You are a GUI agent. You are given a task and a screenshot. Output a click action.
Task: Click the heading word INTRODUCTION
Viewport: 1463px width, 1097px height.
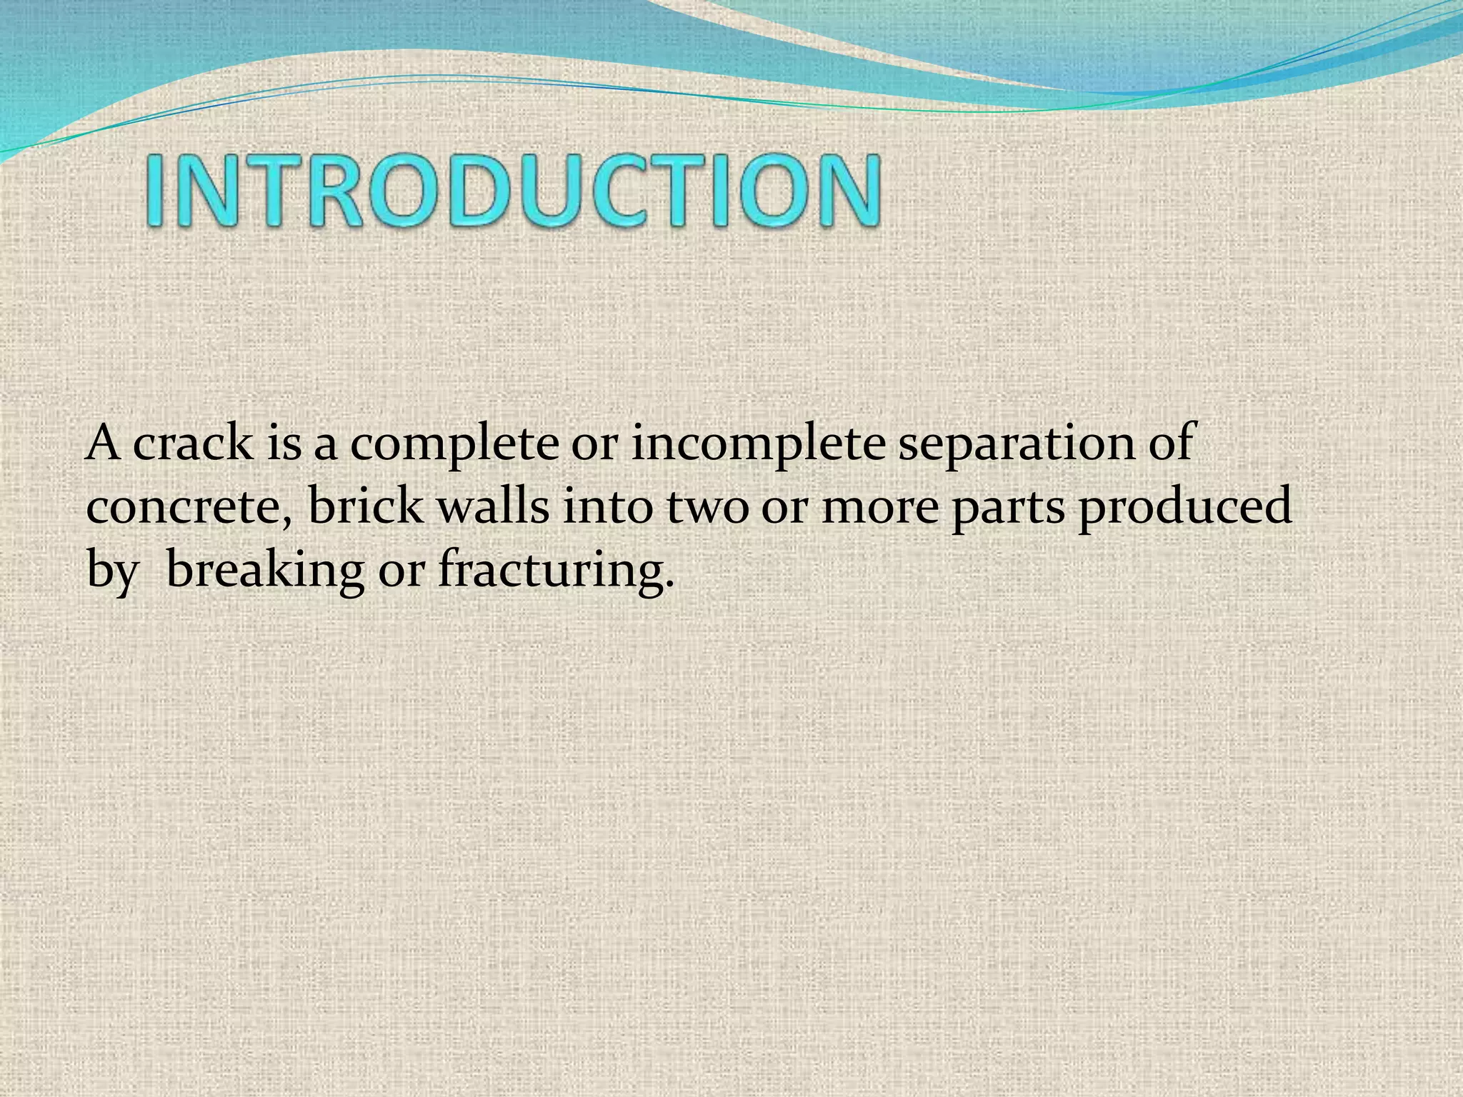tap(513, 191)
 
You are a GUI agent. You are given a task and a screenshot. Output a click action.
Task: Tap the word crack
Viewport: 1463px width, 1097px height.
tap(193, 444)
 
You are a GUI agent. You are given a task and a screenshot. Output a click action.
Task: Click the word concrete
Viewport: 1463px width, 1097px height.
tap(189, 507)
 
